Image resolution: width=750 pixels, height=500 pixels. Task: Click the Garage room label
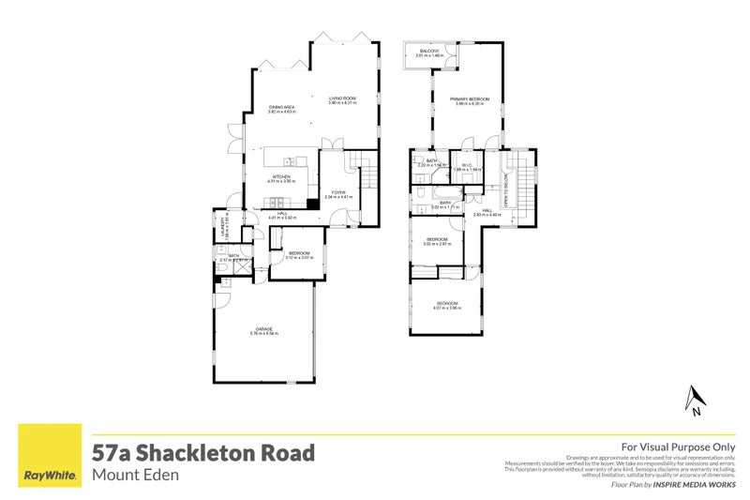[262, 328]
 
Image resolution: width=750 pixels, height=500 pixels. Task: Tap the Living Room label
[342, 98]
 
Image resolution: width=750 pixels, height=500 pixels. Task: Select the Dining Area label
[283, 108]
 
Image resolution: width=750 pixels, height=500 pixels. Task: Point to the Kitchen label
[281, 176]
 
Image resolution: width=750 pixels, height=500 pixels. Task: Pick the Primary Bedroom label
[469, 98]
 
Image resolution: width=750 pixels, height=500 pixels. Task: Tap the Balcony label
[430, 50]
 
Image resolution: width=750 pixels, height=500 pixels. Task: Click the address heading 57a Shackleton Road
[203, 453]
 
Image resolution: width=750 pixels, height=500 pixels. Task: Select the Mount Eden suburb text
[136, 475]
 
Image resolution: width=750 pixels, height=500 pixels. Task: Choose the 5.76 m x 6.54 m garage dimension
[262, 333]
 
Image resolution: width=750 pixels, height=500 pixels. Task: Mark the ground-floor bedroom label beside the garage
[300, 253]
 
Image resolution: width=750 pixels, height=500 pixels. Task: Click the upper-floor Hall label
[487, 210]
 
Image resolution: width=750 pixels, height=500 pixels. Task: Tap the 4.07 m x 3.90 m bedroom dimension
[447, 308]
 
